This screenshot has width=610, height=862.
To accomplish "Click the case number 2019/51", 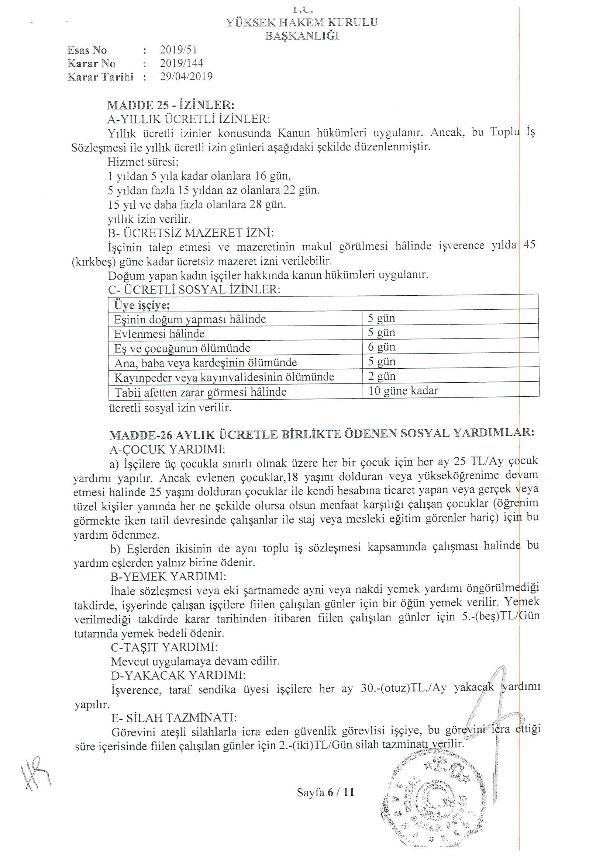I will [179, 49].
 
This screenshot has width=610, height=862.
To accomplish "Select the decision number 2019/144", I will [182, 63].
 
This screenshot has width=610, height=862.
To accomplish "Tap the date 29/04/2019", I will [186, 77].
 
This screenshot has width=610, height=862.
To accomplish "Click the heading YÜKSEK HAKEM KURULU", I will [302, 22].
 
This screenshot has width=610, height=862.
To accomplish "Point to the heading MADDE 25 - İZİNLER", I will [170, 105].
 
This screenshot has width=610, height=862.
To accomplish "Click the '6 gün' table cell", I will [382, 347].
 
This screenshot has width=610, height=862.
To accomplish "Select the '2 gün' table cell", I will [382, 376].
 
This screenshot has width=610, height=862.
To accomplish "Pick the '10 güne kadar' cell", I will [403, 391].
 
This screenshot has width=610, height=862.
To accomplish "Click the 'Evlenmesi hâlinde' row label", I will [159, 334].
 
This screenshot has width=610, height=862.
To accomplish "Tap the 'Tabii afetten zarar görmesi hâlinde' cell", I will [200, 392].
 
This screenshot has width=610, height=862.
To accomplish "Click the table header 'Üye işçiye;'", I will [142, 305].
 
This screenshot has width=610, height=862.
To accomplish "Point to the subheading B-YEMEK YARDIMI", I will [168, 576].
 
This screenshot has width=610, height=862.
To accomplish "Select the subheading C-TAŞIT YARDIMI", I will [164, 647].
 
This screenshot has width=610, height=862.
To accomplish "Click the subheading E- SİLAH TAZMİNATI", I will [174, 717].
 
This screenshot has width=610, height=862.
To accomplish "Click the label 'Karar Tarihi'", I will [100, 77].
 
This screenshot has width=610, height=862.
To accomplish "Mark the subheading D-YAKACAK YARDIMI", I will [178, 675].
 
